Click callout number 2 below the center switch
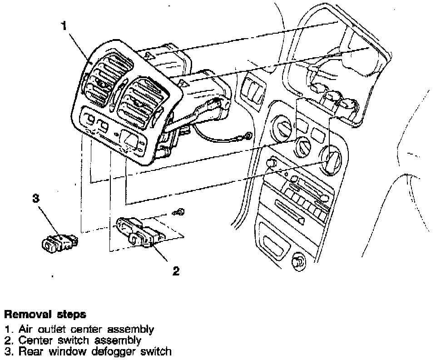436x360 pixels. click(176, 271)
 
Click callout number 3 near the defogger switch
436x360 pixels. click(35, 199)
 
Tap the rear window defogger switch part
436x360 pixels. click(59, 242)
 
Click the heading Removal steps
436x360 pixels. click(45, 314)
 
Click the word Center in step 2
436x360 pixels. click(34, 340)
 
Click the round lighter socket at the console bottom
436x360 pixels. click(299, 262)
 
